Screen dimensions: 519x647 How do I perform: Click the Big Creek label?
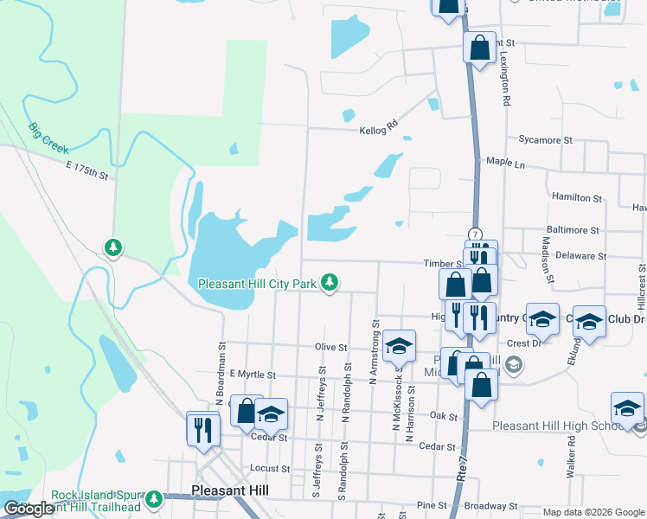point(48,138)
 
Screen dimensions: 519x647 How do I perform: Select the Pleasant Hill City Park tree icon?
point(330,283)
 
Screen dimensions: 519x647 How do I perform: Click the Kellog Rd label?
point(379,127)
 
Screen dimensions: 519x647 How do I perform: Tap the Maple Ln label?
point(506,162)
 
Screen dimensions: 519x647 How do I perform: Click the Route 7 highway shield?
point(475,234)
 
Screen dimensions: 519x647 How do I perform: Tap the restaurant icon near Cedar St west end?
point(203,429)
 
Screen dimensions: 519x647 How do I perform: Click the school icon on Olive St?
point(398,346)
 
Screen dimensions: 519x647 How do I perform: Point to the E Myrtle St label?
point(252,375)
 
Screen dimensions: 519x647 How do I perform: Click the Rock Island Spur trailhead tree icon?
point(154,499)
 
